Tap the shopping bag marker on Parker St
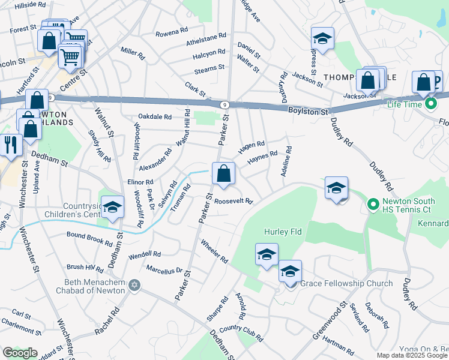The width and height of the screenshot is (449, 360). click(x=223, y=173)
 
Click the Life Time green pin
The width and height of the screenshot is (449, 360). click(x=431, y=104)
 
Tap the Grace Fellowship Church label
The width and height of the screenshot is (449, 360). click(x=346, y=283)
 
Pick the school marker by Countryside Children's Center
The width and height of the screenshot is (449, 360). click(x=112, y=207)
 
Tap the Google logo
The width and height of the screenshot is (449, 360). click(x=20, y=353)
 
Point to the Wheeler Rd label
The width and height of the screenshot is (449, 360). click(x=214, y=251)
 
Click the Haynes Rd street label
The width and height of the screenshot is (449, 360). click(x=262, y=158)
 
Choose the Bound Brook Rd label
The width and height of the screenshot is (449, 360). click(x=89, y=239)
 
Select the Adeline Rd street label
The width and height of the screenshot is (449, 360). click(x=286, y=162)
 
